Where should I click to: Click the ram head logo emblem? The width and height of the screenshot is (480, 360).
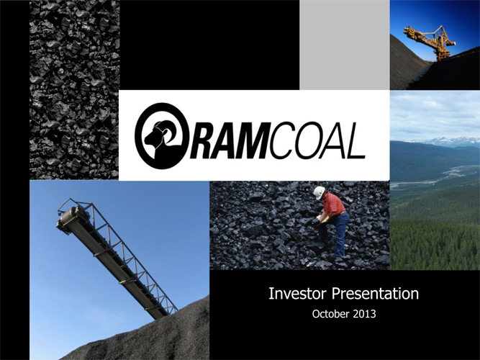160,136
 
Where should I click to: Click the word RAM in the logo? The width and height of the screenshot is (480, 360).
229,140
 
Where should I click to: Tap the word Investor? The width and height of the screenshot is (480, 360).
296,293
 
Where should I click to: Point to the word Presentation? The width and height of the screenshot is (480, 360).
376,294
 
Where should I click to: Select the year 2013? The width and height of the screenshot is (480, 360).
364,314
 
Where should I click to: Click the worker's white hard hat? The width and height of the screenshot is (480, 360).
319,192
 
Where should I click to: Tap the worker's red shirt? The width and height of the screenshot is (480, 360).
335,204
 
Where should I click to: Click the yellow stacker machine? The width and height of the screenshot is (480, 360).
432,41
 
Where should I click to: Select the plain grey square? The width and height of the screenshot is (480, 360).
345,45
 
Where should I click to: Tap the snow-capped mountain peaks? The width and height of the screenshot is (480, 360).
444,142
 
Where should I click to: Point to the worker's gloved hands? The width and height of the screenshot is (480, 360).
321,218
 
